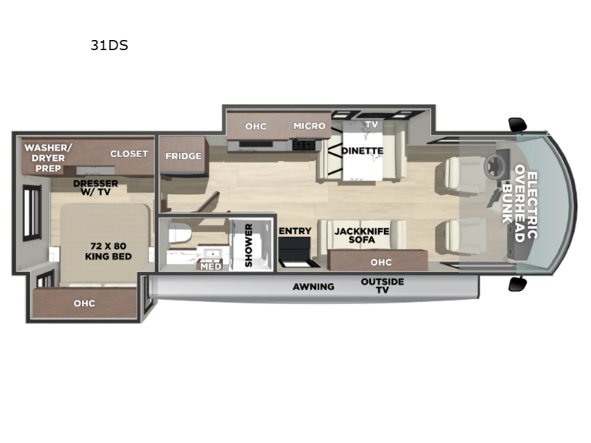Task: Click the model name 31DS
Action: tap(109, 45)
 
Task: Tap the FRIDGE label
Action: tap(183, 156)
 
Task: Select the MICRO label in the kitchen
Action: tap(310, 126)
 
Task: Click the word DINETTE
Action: tap(362, 151)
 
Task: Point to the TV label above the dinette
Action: tap(372, 124)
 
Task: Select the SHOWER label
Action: tap(248, 245)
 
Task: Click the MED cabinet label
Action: tap(211, 267)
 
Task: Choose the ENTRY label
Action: tap(295, 231)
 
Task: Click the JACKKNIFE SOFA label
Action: tap(362, 236)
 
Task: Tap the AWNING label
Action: tap(313, 286)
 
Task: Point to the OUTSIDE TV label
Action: tap(382, 286)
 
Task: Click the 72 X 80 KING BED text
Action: tap(108, 251)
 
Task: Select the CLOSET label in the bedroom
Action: tap(129, 154)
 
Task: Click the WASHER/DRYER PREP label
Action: tap(48, 158)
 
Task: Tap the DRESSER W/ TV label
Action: tap(95, 188)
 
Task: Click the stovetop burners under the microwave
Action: tap(304, 145)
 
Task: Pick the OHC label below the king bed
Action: tap(84, 303)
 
